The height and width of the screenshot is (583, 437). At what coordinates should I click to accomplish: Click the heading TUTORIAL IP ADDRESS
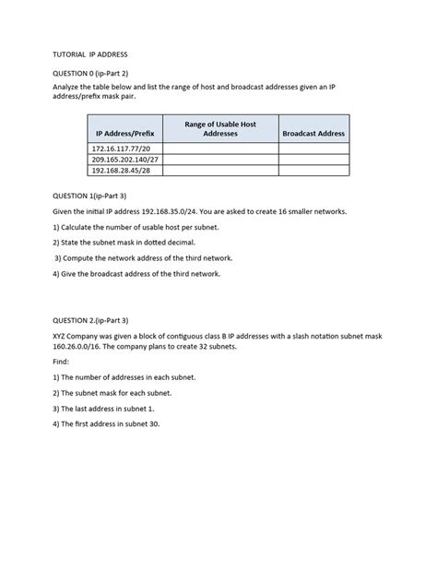(x=89, y=54)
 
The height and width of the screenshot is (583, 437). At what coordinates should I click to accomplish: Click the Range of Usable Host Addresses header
(x=220, y=128)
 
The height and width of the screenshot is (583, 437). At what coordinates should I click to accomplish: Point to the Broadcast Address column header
(x=313, y=134)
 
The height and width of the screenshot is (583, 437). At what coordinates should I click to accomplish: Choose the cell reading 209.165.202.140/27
(x=124, y=160)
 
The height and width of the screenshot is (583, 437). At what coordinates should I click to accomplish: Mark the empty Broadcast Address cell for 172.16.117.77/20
(x=313, y=149)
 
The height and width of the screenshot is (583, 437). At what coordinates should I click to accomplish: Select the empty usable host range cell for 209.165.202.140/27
(x=220, y=160)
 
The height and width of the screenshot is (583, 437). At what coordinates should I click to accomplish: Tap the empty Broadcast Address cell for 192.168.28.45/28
(x=313, y=171)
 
